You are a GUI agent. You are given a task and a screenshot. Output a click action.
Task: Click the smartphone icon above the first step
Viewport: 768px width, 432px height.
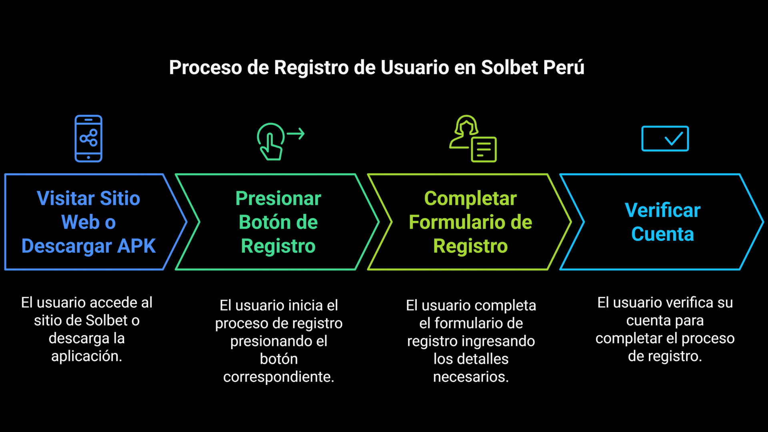(88, 138)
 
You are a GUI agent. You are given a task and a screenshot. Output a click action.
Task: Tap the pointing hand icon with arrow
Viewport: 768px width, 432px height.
(271, 142)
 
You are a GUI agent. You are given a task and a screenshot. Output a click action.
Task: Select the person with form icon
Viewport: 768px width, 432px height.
(473, 138)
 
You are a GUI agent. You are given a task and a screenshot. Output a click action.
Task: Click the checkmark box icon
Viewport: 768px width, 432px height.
(665, 138)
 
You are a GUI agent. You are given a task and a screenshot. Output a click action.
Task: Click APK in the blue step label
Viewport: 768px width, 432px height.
(136, 246)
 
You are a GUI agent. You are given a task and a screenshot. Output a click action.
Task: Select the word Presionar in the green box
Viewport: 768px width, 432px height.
(278, 198)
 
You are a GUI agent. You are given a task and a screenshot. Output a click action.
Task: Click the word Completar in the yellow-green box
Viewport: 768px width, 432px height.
(470, 198)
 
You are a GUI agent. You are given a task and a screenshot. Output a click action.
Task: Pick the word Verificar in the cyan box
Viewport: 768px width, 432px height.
(662, 210)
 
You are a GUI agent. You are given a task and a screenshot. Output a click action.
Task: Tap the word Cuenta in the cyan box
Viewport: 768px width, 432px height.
(662, 234)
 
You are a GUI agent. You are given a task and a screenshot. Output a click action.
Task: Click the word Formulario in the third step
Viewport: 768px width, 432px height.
(453, 222)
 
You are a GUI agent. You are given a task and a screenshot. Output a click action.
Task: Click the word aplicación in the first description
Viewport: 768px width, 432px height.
(86, 356)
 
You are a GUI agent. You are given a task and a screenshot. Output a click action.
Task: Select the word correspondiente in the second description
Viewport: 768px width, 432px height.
(278, 377)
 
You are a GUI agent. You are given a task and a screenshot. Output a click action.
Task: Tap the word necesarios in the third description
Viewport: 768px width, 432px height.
(471, 377)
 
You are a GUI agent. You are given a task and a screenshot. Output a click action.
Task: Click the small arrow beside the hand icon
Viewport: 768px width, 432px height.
(296, 134)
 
